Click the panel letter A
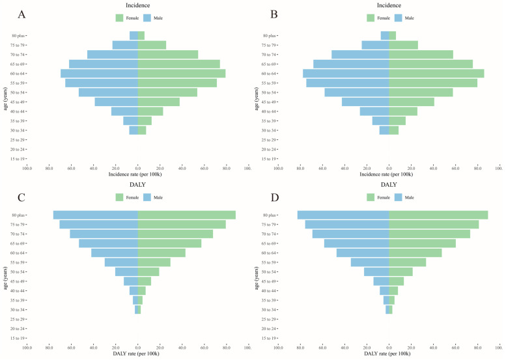[23, 14]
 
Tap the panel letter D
[274, 193]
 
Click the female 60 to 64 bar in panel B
[436, 74]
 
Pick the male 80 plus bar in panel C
[96, 215]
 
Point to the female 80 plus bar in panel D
[438, 215]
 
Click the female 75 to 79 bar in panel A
[152, 45]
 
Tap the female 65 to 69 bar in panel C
[169, 243]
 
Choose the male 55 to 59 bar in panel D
[370, 262]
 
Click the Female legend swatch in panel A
[120, 18]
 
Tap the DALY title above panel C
[137, 186]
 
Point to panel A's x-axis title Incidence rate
[137, 174]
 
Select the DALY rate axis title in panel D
[389, 353]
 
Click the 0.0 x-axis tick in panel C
[137, 347]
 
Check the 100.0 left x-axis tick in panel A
[27, 168]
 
